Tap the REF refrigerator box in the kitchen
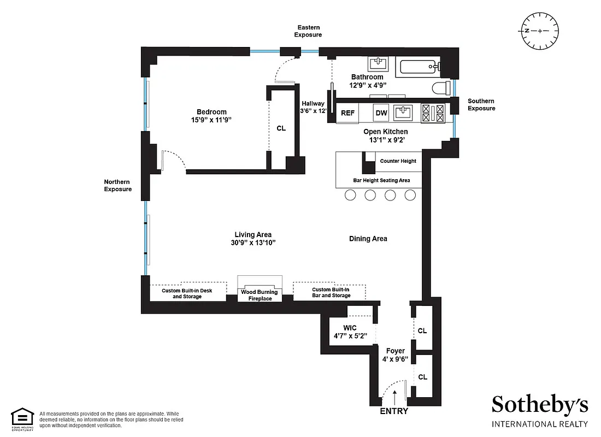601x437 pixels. (347, 113)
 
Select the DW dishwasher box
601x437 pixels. (381, 113)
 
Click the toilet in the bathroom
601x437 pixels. (440, 88)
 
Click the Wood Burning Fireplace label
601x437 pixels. (260, 295)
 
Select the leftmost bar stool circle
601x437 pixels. (350, 195)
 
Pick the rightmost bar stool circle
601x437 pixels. (410, 195)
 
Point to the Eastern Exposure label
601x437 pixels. (308, 31)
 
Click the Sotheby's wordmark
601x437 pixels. (540, 405)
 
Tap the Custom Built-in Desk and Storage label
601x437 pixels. (186, 293)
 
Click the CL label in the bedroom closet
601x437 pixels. (281, 128)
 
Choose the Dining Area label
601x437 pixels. (368, 239)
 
